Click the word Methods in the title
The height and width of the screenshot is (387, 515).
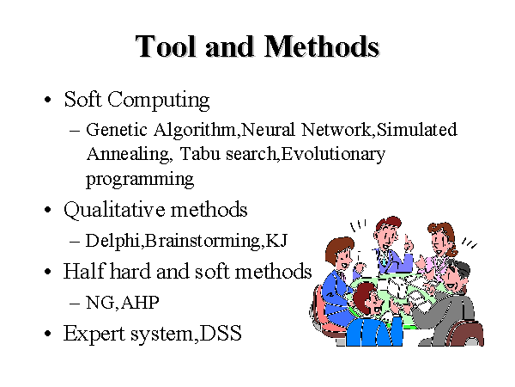pos(322,46)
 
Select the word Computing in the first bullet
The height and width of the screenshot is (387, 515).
pos(158,100)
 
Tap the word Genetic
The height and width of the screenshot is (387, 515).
pos(117,129)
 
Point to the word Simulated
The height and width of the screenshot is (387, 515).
pos(416,129)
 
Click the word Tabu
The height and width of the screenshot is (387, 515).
pos(200,154)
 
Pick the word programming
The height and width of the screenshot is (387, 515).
pos(140,180)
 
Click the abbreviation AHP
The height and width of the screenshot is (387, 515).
pos(140,302)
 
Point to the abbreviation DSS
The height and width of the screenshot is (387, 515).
pos(221,333)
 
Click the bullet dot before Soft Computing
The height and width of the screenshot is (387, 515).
pos(48,100)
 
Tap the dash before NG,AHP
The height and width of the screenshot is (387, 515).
pos(75,303)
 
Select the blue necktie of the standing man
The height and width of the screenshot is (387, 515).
pos(384,259)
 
